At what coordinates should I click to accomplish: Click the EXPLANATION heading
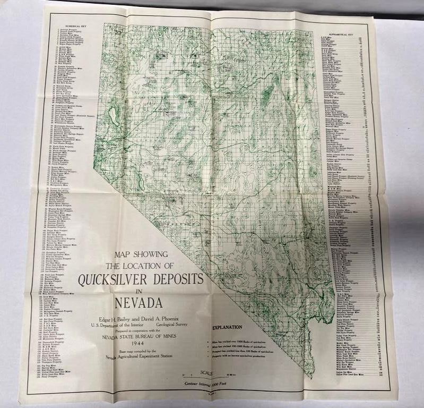point(227,327)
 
